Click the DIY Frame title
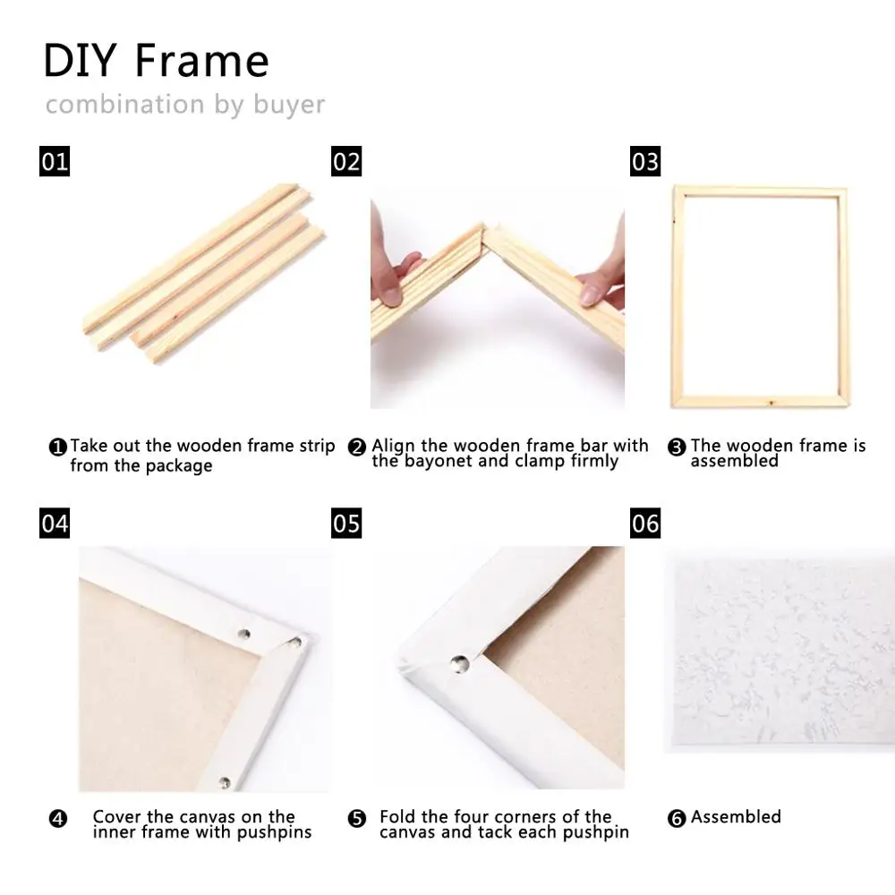(157, 61)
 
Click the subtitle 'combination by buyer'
(185, 105)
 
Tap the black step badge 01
(55, 161)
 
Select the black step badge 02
(346, 161)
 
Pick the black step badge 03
(645, 161)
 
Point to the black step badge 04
(55, 523)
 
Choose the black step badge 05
(346, 523)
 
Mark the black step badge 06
(645, 523)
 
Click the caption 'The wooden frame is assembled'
(777, 453)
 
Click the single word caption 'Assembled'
(736, 817)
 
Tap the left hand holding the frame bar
(394, 273)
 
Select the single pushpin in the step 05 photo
(459, 663)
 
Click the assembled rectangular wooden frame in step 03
(759, 297)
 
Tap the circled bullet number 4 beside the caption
(58, 818)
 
